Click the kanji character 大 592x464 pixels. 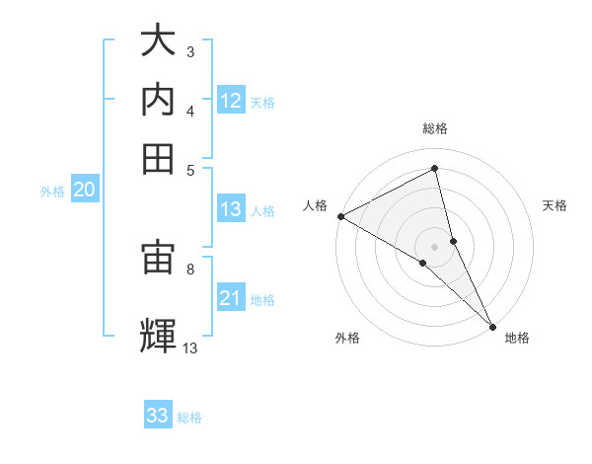(x=158, y=42)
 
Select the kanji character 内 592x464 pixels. (x=158, y=101)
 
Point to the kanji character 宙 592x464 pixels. (x=158, y=259)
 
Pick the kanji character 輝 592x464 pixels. (x=158, y=333)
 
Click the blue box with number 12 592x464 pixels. (x=231, y=101)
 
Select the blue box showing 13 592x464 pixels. (x=231, y=209)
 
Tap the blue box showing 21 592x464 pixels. (x=231, y=298)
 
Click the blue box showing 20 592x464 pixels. (x=84, y=191)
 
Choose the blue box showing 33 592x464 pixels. (x=158, y=416)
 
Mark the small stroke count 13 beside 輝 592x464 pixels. (x=190, y=347)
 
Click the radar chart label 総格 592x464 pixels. (x=435, y=128)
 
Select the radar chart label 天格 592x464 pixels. (x=555, y=205)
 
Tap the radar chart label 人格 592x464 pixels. (x=315, y=205)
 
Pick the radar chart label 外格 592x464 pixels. (x=346, y=338)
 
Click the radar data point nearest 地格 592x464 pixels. (x=492, y=325)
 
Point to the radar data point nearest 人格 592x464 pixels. (x=340, y=216)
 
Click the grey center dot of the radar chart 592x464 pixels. (x=435, y=246)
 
